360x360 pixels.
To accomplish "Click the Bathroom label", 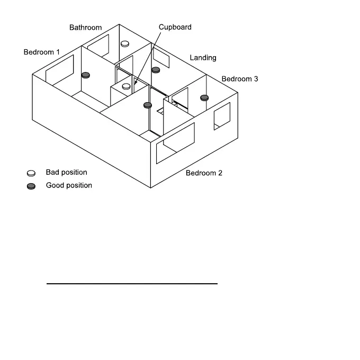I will tap(85, 28).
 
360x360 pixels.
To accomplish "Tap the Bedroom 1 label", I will tap(42, 52).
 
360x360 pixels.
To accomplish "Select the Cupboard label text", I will tap(175, 27).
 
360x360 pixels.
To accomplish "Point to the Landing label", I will tap(203, 58).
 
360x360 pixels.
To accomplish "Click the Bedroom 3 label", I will tap(240, 79).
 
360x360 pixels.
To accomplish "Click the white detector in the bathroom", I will tap(125, 44).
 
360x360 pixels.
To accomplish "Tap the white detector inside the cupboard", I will tap(127, 86).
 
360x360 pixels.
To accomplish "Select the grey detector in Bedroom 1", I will tap(85, 76).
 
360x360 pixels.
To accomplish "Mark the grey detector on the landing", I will tap(156, 69).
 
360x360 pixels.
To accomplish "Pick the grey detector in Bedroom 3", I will tap(204, 97).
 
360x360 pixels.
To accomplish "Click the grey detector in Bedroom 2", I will tap(148, 105).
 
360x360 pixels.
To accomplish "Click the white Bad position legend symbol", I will tap(31, 173).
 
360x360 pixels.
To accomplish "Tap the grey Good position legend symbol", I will tap(31, 186).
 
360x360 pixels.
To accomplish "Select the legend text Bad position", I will tap(66, 173).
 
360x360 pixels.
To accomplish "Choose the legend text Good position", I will tap(69, 185).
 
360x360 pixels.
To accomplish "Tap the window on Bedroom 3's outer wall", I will tap(222, 116).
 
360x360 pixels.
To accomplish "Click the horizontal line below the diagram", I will tap(132, 284).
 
